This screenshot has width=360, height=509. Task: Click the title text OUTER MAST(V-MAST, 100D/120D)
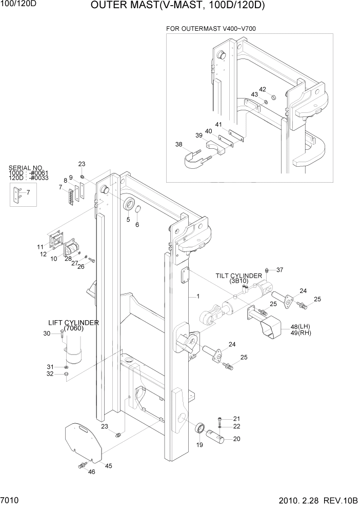point(178,6)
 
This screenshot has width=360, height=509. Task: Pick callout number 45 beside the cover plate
point(108,465)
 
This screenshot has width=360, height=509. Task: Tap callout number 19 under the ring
point(199,445)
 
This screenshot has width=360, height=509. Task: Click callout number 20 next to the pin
point(236,438)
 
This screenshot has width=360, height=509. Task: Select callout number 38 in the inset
point(179,145)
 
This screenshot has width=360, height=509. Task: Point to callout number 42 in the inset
point(263,89)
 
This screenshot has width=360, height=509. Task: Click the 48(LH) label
point(300,326)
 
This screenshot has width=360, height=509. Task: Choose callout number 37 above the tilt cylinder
point(279,270)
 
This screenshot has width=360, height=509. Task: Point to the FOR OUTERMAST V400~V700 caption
point(216,28)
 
